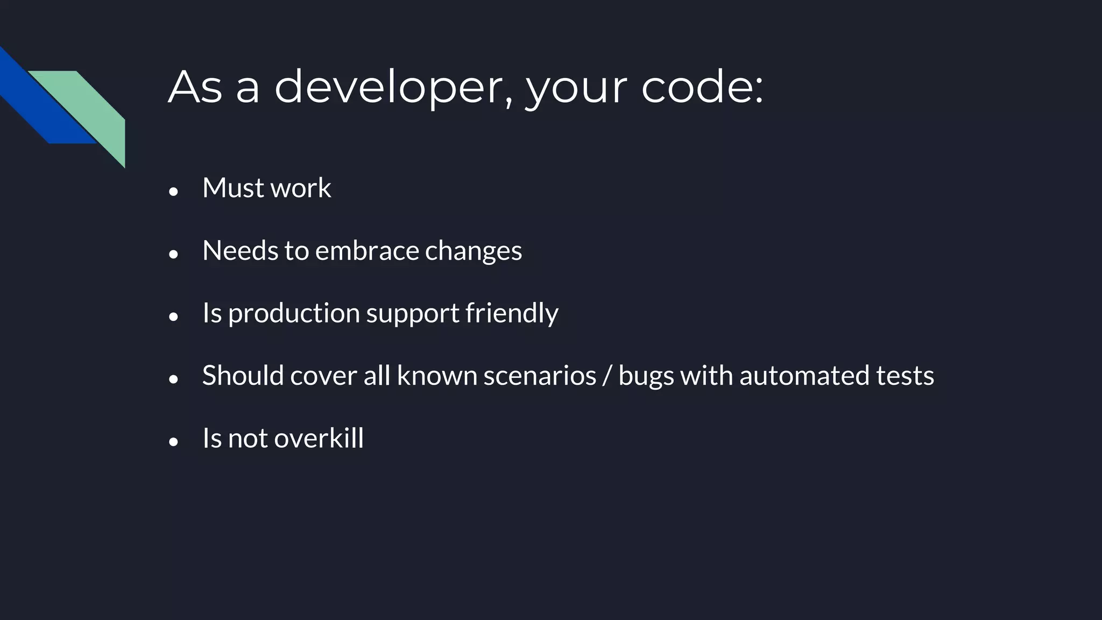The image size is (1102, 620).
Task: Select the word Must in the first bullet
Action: pyautogui.click(x=233, y=188)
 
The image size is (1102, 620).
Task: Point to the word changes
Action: pyautogui.click(x=474, y=251)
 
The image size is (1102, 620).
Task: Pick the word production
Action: pyautogui.click(x=294, y=313)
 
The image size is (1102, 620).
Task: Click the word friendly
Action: pyautogui.click(x=512, y=313)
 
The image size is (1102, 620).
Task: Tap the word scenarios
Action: pyautogui.click(x=540, y=376)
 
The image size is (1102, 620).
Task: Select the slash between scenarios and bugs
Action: pyautogui.click(x=607, y=376)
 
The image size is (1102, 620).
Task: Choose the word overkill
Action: pyautogui.click(x=319, y=438)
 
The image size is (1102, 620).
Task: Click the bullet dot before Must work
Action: pyautogui.click(x=173, y=191)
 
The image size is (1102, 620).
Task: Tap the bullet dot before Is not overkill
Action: pyautogui.click(x=173, y=442)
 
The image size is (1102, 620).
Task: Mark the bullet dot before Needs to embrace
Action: pyautogui.click(x=173, y=254)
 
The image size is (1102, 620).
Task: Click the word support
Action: pyautogui.click(x=413, y=313)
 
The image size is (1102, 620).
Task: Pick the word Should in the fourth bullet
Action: pyautogui.click(x=243, y=376)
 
